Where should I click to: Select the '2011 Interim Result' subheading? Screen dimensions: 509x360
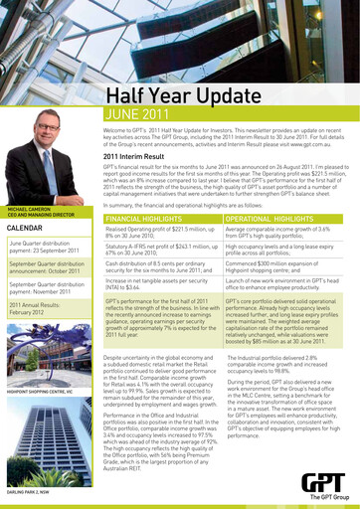[141, 155]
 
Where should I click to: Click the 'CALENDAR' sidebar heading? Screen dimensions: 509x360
[25, 227]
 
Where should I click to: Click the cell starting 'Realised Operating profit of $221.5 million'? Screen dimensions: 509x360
[162, 231]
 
